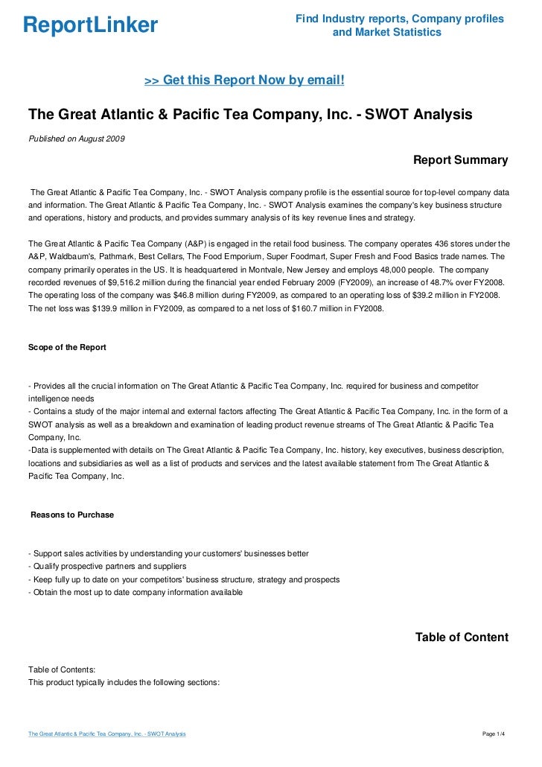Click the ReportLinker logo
click(90, 26)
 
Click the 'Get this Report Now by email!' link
click(243, 80)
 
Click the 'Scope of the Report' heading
click(67, 347)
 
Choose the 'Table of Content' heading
click(462, 637)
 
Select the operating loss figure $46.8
click(186, 296)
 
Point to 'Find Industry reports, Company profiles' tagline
click(399, 19)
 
